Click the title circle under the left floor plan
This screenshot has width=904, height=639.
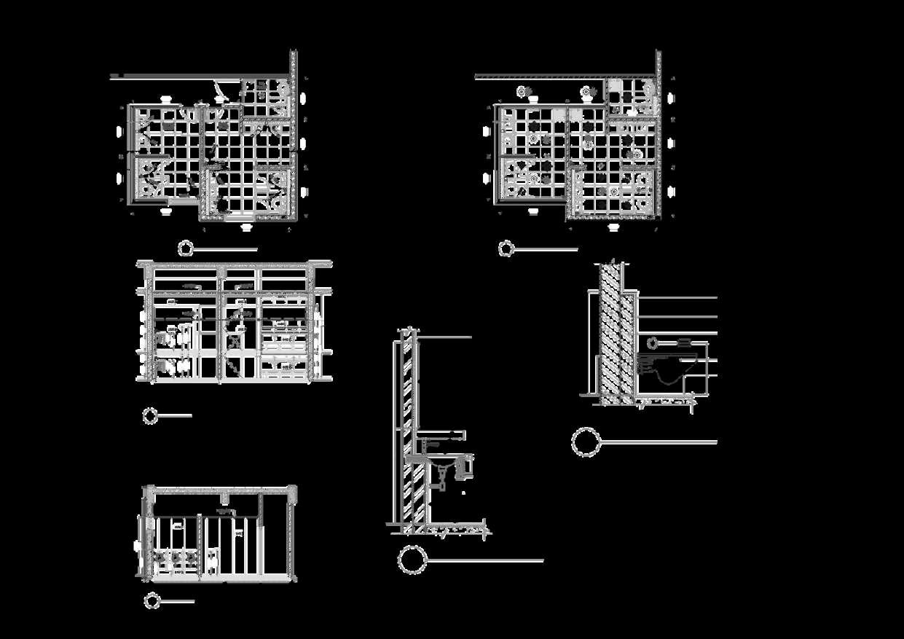tap(186, 248)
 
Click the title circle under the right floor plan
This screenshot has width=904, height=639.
tap(506, 249)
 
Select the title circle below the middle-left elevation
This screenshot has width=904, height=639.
tap(150, 415)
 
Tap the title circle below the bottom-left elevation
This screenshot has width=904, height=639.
tap(152, 601)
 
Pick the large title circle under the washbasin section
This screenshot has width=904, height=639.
tap(412, 561)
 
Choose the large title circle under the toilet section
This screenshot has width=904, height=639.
tap(586, 442)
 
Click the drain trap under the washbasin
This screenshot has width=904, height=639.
tap(441, 477)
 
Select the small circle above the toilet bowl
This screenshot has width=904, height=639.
tap(653, 342)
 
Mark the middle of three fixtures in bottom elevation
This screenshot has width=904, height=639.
tap(176, 560)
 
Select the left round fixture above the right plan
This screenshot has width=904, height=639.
tap(522, 91)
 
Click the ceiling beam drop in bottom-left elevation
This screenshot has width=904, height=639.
tap(227, 500)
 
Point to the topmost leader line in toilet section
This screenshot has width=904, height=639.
tap(677, 298)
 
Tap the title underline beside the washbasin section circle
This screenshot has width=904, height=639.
tap(485, 561)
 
